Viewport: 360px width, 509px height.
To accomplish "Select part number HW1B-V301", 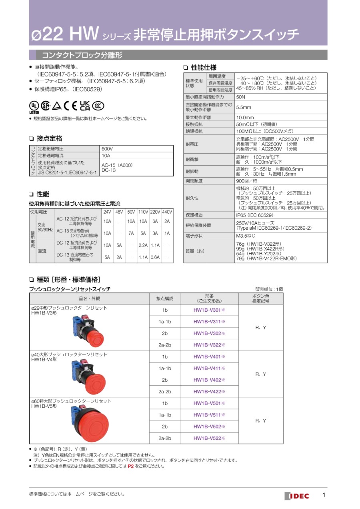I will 209,310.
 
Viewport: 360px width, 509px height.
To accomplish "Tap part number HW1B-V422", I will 209,391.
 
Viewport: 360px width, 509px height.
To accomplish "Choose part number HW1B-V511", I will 209,415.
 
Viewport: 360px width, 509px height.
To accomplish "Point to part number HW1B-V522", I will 209,438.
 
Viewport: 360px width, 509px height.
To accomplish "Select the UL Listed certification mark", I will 34,106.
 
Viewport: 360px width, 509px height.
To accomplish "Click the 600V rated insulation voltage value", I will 107,149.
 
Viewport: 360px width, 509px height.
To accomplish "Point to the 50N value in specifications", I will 241,97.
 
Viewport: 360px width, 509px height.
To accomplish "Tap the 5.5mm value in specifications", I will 244,107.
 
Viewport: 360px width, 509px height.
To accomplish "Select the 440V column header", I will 167,212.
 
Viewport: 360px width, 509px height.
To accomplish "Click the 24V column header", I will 107,212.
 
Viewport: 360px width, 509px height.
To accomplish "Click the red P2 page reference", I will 130,466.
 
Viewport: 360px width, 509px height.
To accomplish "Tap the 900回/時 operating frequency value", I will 247,181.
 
